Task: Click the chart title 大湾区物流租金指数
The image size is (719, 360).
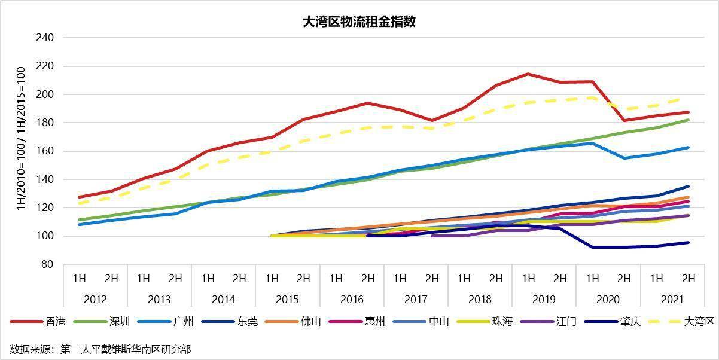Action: coord(359,22)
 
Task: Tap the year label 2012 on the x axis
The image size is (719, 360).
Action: coord(95,299)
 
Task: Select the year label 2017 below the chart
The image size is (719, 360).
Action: coord(416,299)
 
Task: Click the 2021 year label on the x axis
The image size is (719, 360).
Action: coord(672,299)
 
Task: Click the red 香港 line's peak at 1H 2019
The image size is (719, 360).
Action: coord(528,74)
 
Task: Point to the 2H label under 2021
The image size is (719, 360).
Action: coord(688,278)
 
